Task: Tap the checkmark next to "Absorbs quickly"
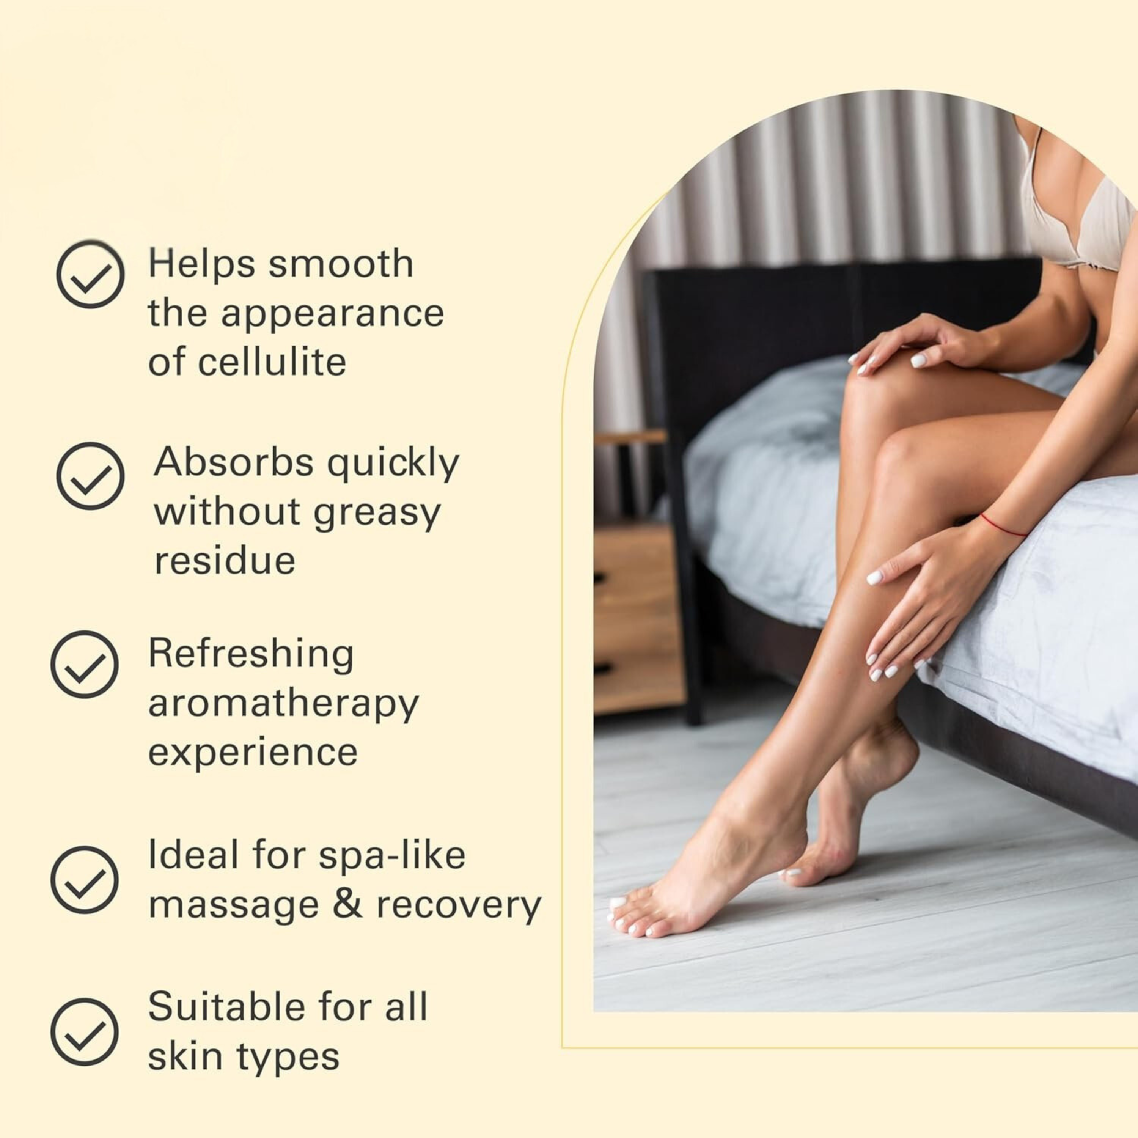click(x=90, y=476)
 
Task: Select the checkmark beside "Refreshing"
click(x=84, y=665)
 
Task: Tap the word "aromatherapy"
click(x=283, y=704)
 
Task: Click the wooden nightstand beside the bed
click(x=639, y=618)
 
